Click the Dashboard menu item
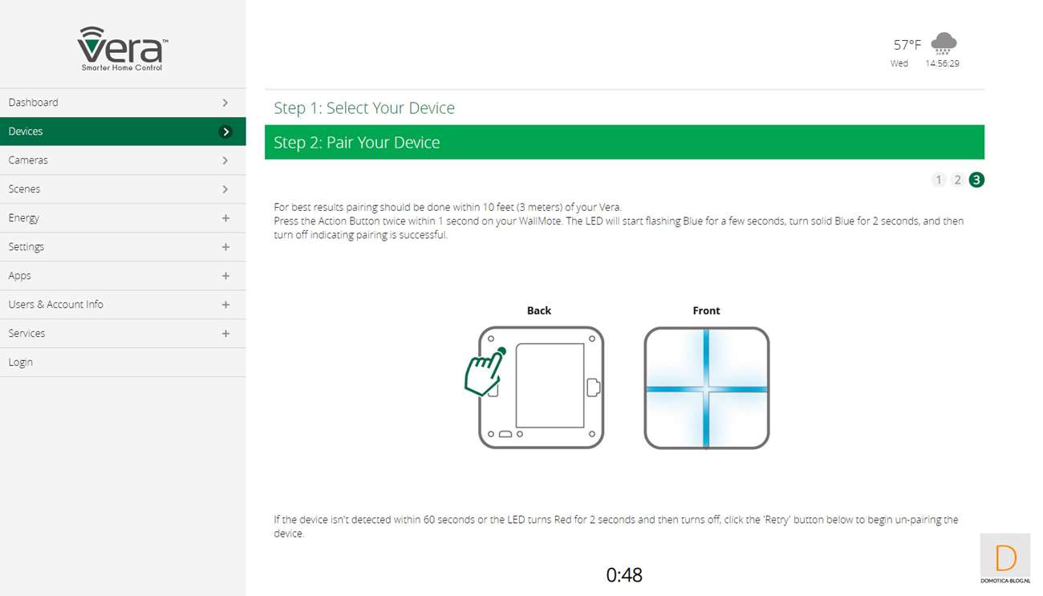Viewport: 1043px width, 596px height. pyautogui.click(x=33, y=103)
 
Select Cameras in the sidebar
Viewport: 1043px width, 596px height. pyautogui.click(x=28, y=160)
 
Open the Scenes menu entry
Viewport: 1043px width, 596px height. pyautogui.click(x=24, y=189)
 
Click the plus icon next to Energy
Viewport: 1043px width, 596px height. pyautogui.click(x=225, y=218)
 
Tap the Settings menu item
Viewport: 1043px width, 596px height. pyautogui.click(x=26, y=247)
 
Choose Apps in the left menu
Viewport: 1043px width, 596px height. pyautogui.click(x=19, y=276)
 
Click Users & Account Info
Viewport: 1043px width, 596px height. pyautogui.click(x=56, y=305)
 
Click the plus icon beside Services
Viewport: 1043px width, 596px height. pyautogui.click(x=225, y=334)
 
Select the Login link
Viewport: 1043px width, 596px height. pyautogui.click(x=21, y=363)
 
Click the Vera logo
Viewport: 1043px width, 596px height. pyautogui.click(x=123, y=48)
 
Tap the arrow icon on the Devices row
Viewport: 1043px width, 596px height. pyautogui.click(x=225, y=132)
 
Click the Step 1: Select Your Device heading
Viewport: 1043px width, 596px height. pyautogui.click(x=364, y=108)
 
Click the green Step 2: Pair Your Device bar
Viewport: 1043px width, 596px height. pyautogui.click(x=624, y=142)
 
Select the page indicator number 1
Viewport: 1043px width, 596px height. pyautogui.click(x=938, y=180)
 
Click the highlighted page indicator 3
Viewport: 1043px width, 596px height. pyautogui.click(x=976, y=180)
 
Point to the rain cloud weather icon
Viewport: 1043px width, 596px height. pyautogui.click(x=944, y=43)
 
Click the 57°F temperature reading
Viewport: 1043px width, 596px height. pyautogui.click(x=907, y=45)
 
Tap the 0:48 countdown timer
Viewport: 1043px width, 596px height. pyautogui.click(x=624, y=575)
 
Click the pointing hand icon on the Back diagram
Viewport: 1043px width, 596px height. pyautogui.click(x=485, y=371)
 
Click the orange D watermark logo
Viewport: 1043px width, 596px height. pyautogui.click(x=1005, y=557)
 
